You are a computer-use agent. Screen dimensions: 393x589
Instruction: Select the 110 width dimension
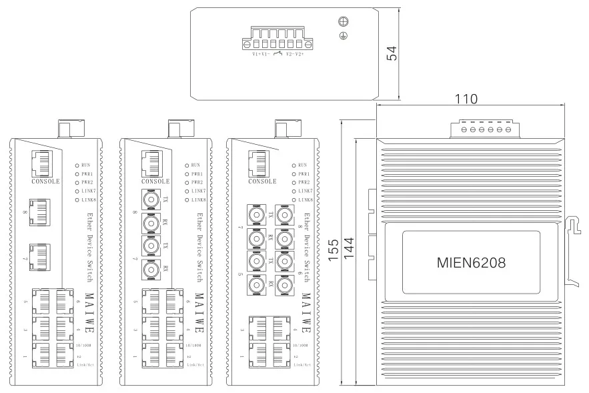point(466,99)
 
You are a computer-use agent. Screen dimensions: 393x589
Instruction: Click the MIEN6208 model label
point(466,262)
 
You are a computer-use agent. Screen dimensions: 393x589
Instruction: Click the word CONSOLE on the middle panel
point(155,181)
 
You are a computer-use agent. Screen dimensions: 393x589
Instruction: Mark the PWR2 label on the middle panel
point(197,182)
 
